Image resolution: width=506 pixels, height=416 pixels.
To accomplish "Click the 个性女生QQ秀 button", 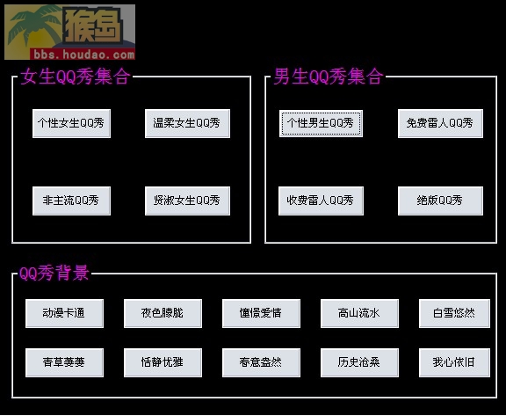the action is click(71, 123).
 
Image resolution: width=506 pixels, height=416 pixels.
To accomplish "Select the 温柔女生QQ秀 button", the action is click(187, 123).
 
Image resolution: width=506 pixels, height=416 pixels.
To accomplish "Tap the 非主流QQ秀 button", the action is click(71, 201).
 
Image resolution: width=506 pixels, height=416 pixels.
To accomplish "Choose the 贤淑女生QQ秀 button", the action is click(187, 201).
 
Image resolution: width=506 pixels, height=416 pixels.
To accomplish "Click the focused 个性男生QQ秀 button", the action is click(321, 123).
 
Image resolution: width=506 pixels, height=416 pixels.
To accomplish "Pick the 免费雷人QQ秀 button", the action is click(440, 123).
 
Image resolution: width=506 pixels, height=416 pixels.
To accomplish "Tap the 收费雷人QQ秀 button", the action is click(321, 201).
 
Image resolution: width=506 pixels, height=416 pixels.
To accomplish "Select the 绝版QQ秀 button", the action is click(440, 201).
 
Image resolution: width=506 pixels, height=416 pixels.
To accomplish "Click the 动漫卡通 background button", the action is click(64, 313).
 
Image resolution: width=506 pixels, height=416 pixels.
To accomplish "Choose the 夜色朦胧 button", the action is click(163, 313).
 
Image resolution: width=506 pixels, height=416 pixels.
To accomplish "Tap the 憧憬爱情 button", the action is click(261, 313).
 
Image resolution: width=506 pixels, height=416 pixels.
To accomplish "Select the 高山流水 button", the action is click(359, 313).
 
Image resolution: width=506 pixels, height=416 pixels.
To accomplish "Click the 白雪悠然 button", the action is click(454, 313).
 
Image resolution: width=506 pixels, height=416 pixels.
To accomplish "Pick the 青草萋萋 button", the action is click(64, 362).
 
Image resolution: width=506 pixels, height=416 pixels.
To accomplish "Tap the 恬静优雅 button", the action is click(163, 362).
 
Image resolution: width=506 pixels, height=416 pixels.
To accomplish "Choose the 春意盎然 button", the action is click(261, 362).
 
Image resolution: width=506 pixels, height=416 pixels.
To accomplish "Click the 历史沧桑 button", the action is click(359, 362).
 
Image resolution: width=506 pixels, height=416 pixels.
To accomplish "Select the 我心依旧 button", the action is click(454, 362).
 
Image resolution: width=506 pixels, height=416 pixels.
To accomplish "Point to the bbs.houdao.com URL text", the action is click(84, 55).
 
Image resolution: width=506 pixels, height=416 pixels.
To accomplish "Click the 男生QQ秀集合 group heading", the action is click(329, 77).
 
